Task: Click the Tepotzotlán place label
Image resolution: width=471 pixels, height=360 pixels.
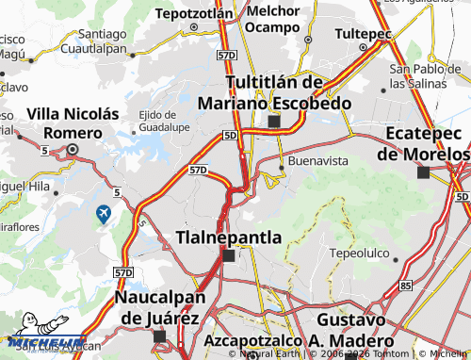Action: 193,13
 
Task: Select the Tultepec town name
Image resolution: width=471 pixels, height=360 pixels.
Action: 363,33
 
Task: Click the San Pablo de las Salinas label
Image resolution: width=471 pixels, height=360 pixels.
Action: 425,74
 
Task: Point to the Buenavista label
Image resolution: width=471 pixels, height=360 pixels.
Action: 317,161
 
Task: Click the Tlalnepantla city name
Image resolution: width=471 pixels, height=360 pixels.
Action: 229,237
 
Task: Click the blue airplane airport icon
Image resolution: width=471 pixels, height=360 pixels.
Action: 103,215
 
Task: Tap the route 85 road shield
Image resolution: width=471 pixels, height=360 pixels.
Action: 405,284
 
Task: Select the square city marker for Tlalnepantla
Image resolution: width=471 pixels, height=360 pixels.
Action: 228,254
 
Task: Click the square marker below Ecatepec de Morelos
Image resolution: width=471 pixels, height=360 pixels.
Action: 423,172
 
